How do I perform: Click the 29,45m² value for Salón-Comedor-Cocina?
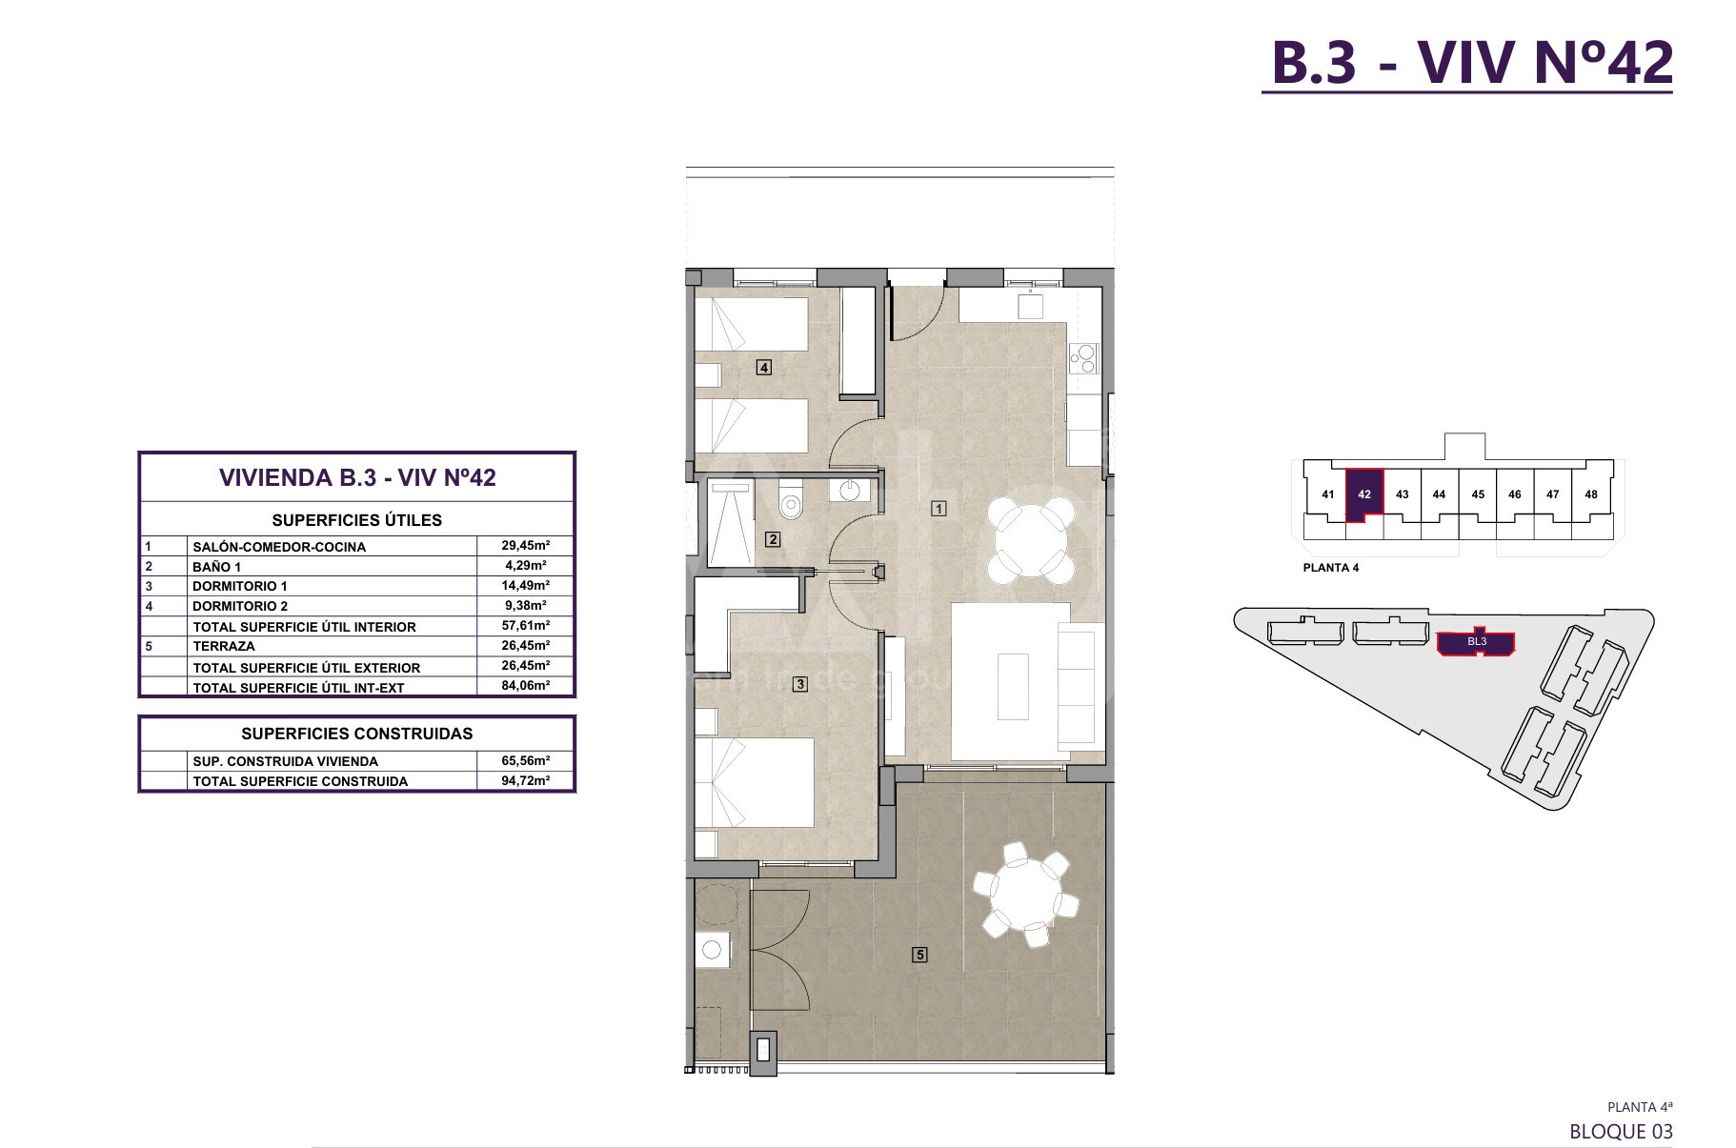click(526, 546)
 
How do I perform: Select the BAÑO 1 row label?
click(216, 567)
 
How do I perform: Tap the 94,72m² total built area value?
click(526, 780)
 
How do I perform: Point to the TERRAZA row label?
click(224, 646)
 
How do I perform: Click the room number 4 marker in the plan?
click(763, 367)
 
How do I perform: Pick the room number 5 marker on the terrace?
click(919, 954)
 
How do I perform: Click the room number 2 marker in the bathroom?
click(773, 539)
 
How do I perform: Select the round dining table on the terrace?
click(1025, 895)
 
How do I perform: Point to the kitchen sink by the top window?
click(1030, 306)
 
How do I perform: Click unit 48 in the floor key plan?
click(1591, 494)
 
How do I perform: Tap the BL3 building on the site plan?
click(1476, 642)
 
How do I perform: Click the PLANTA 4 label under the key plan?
click(1331, 568)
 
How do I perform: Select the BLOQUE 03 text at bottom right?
click(1621, 1131)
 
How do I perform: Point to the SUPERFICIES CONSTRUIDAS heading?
click(357, 734)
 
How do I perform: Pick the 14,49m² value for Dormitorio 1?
click(526, 586)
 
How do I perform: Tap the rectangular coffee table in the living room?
click(1013, 686)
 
